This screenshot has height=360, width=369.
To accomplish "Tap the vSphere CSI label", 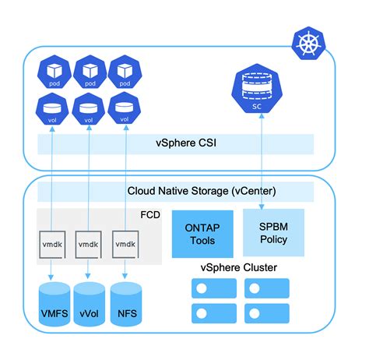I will (x=177, y=143).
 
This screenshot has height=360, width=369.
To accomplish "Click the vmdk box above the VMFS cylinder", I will (x=52, y=244).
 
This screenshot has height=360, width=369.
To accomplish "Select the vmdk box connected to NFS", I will (x=125, y=244).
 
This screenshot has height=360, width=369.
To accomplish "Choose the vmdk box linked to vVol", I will (x=88, y=244).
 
